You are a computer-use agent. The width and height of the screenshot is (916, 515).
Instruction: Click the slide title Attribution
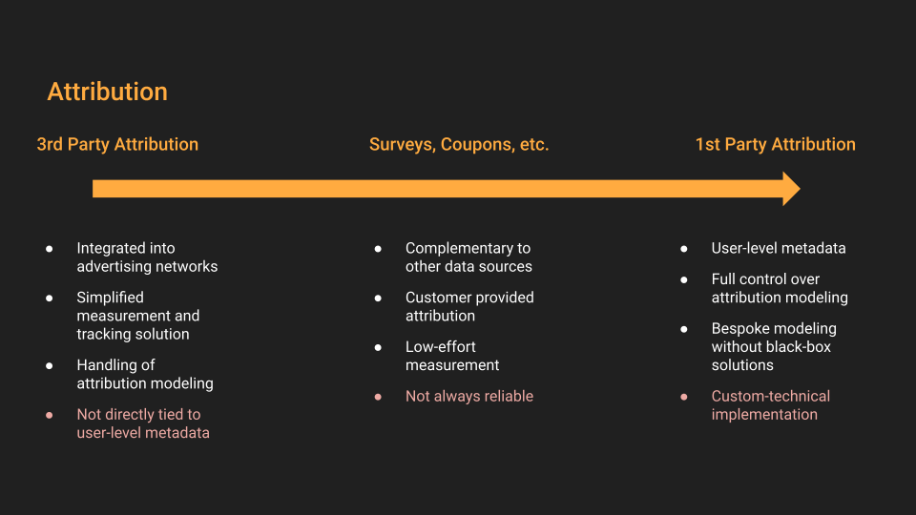point(108,92)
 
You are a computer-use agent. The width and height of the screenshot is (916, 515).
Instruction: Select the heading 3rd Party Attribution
point(117,144)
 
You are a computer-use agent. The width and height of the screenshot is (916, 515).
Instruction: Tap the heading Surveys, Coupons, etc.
point(459,144)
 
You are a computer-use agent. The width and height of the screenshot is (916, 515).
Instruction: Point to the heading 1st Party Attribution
point(775,144)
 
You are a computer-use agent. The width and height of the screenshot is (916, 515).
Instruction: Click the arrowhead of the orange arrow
point(793,189)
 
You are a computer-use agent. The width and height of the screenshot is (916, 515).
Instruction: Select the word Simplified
point(111,298)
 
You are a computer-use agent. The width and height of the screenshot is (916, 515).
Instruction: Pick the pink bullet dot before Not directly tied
point(49,415)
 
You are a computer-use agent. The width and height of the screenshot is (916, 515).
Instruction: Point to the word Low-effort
point(441,346)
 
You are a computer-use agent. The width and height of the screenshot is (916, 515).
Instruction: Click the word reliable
point(510,396)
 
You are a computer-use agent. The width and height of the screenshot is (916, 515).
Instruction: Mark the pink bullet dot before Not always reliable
point(378,397)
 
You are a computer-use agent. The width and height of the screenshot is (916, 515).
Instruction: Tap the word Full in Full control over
point(721,279)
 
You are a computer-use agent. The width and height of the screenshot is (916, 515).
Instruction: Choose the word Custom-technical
point(771,396)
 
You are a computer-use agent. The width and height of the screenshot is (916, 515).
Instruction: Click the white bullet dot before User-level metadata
point(684,249)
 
